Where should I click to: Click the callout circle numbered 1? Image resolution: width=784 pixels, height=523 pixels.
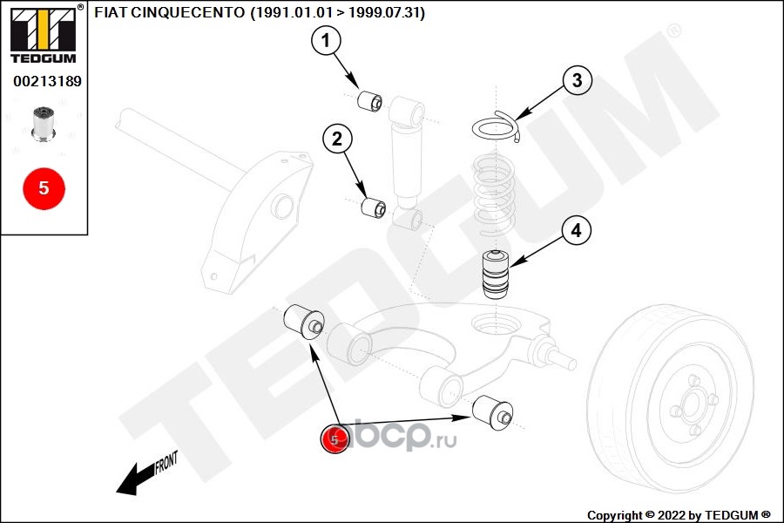click(326, 40)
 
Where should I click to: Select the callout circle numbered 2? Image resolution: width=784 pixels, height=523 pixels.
click(337, 139)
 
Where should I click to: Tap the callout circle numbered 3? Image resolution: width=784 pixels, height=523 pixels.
click(577, 80)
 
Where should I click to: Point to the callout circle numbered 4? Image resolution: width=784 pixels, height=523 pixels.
click(577, 230)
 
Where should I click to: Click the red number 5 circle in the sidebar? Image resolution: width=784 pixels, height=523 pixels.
click(44, 188)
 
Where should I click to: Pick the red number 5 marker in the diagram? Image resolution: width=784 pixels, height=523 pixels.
click(335, 439)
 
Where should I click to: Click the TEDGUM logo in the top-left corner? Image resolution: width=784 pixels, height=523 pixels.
click(44, 34)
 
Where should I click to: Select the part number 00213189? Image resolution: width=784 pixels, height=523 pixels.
click(47, 81)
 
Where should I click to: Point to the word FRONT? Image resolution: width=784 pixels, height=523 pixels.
click(166, 462)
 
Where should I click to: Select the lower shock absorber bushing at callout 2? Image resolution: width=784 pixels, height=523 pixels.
click(374, 207)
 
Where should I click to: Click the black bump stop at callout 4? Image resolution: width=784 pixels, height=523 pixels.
click(496, 275)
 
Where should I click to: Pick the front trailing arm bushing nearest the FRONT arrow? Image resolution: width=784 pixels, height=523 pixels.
click(304, 321)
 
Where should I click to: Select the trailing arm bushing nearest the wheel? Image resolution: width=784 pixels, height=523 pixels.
click(492, 412)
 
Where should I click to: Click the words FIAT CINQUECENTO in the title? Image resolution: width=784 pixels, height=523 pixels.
click(170, 12)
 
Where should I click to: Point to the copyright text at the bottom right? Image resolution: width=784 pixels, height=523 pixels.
click(679, 515)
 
